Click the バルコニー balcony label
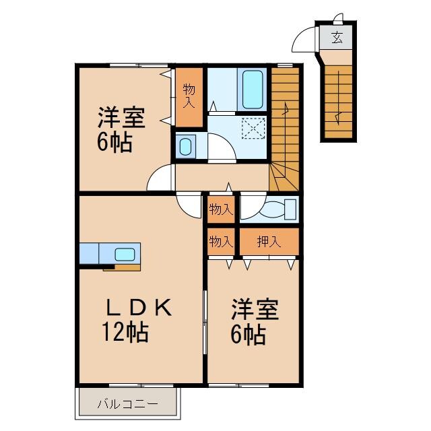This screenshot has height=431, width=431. pyautogui.click(x=127, y=404)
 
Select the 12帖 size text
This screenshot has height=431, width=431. pyautogui.click(x=125, y=332)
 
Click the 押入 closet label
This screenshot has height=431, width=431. pyautogui.click(x=269, y=241)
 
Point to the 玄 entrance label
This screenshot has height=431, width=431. pyautogui.click(x=337, y=38)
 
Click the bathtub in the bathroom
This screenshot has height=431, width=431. pyautogui.click(x=252, y=90)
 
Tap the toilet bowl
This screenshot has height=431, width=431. pyautogui.click(x=277, y=209)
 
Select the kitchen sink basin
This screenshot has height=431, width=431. pyautogui.click(x=124, y=254)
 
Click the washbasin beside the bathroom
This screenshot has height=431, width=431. pyautogui.click(x=185, y=145)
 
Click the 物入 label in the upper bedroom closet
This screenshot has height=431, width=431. pyautogui.click(x=189, y=96)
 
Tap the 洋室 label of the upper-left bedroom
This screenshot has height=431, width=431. pyautogui.click(x=121, y=119)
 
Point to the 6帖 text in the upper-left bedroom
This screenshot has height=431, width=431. pyautogui.click(x=114, y=142)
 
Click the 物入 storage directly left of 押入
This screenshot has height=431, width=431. pyautogui.click(x=220, y=241)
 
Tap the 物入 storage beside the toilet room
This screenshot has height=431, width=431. pyautogui.click(x=220, y=209)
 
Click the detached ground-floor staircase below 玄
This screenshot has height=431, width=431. pyautogui.click(x=338, y=101)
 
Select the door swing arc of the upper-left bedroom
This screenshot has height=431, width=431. pyautogui.click(x=160, y=179)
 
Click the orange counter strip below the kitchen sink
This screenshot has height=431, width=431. pyautogui.click(x=122, y=267)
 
